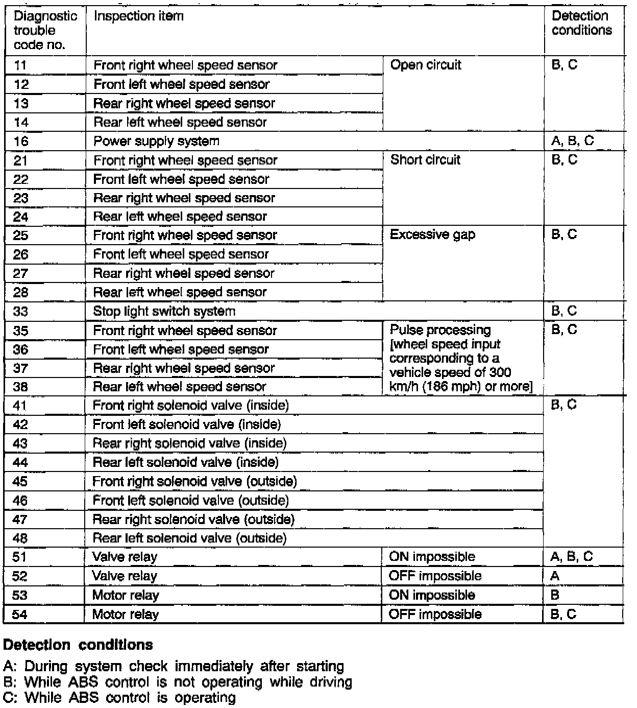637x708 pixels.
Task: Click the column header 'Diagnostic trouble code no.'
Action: coord(45,30)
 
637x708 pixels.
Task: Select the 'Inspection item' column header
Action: coord(138,16)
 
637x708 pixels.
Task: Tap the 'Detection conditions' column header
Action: coord(581,23)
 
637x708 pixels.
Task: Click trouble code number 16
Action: coord(21,141)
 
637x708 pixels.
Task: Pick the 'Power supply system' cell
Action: coord(156,141)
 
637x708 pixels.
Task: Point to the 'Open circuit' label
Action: coord(425,65)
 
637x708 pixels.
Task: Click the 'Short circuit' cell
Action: coord(425,160)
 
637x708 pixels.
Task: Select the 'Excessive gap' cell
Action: coord(432,235)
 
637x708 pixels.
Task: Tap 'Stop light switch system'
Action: coord(164,311)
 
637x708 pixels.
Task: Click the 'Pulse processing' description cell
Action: coord(460,358)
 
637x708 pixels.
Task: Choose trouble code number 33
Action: coord(21,312)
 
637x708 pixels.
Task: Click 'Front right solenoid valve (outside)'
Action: coord(194,481)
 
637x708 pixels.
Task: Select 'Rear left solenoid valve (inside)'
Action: coord(185,462)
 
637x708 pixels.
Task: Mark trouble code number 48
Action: coord(20,538)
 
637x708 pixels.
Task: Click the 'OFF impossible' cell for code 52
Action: coord(435,576)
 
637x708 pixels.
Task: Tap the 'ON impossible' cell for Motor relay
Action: coord(432,595)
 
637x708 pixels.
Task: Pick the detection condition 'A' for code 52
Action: coord(555,576)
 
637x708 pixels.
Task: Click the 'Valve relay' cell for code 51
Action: coord(125,557)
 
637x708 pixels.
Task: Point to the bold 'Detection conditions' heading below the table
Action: coord(78,645)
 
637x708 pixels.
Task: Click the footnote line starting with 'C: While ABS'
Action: coord(119,697)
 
